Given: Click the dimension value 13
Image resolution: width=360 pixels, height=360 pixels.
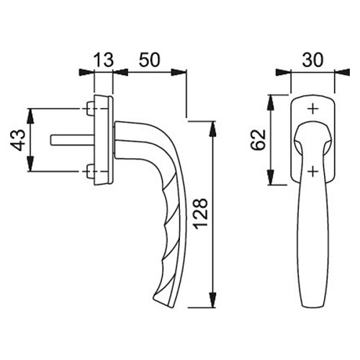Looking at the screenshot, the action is click(x=103, y=60).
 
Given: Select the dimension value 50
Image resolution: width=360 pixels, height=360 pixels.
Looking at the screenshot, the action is click(x=149, y=60).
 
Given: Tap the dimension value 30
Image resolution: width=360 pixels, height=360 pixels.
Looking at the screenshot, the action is click(x=312, y=60).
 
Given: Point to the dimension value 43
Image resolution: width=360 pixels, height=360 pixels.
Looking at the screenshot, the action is click(x=18, y=140).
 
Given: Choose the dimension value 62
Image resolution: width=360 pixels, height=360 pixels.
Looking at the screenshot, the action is click(x=258, y=140).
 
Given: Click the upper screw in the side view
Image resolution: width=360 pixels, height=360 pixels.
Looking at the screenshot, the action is click(x=90, y=108).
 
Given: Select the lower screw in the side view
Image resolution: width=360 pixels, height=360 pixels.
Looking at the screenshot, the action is click(x=90, y=171).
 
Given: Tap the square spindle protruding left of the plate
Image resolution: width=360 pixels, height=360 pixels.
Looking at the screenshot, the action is click(x=73, y=140).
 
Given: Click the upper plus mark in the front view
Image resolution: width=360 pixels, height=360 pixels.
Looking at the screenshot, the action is click(x=313, y=109).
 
